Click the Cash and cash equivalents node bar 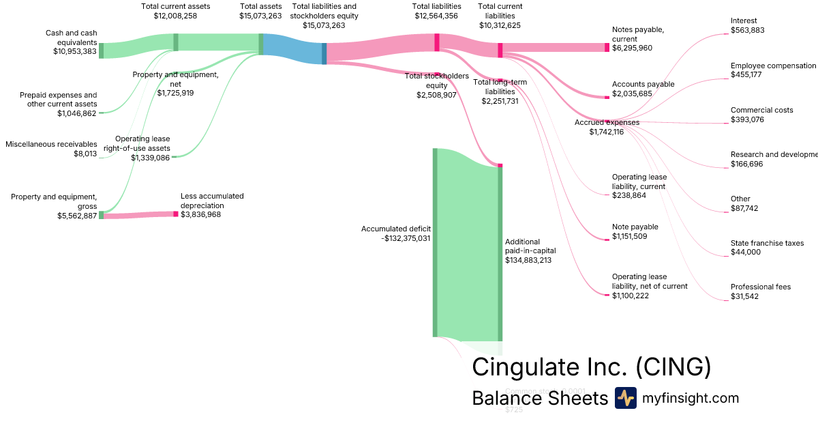102,51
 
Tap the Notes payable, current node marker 607,47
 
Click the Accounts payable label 643,84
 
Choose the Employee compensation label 773,66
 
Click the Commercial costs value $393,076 747,119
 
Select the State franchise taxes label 767,243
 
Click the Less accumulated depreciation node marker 175,214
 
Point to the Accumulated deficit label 396,229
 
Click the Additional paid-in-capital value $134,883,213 528,260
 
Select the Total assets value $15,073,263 260,16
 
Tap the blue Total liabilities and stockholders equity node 324,53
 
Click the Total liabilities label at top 437,6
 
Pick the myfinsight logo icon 625,398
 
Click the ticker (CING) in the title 673,367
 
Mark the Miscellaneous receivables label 51,144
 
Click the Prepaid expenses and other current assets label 58,104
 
